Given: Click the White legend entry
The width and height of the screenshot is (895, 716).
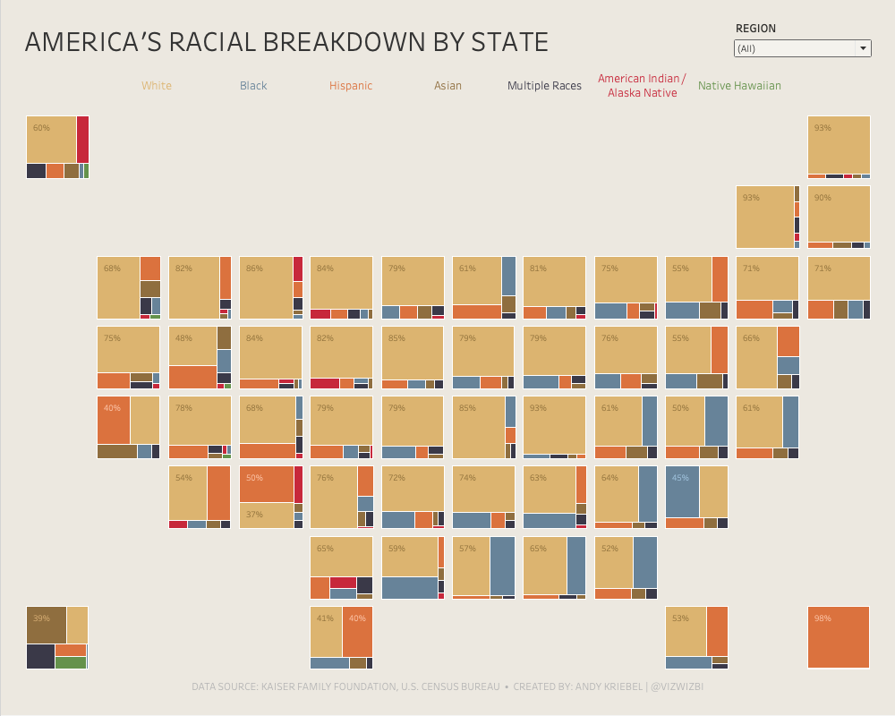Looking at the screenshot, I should click(x=157, y=86).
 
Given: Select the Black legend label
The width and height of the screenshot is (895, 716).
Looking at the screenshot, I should click(x=253, y=86).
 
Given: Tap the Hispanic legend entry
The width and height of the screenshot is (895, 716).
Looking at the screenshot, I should click(x=351, y=86).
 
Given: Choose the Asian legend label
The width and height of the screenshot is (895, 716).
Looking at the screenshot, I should click(x=448, y=86).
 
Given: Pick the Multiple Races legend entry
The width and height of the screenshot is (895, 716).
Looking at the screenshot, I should click(x=544, y=86).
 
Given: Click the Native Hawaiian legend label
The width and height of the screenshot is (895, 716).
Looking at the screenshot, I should click(x=739, y=86).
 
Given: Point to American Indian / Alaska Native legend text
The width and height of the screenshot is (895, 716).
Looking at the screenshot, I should click(x=642, y=86).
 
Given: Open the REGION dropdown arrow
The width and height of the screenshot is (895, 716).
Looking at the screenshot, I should click(x=863, y=48).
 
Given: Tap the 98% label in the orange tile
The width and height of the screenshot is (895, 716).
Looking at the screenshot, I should click(x=823, y=618).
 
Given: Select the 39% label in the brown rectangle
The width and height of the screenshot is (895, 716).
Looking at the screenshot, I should click(x=41, y=618).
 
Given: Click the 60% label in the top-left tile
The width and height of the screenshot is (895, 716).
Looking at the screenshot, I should click(x=41, y=128).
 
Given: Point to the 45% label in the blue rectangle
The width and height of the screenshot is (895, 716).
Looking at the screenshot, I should click(x=680, y=478).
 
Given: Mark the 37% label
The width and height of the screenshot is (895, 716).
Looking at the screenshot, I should click(x=255, y=515).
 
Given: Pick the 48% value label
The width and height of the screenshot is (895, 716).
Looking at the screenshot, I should click(x=183, y=338).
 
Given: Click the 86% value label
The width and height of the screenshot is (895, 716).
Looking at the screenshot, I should click(x=255, y=268).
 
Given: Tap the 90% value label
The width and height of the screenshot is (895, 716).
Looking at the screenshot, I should click(x=823, y=198).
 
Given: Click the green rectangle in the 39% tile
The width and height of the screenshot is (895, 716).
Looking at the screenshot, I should click(x=71, y=662).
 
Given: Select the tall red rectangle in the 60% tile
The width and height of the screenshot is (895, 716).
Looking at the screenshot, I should click(x=82, y=139).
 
